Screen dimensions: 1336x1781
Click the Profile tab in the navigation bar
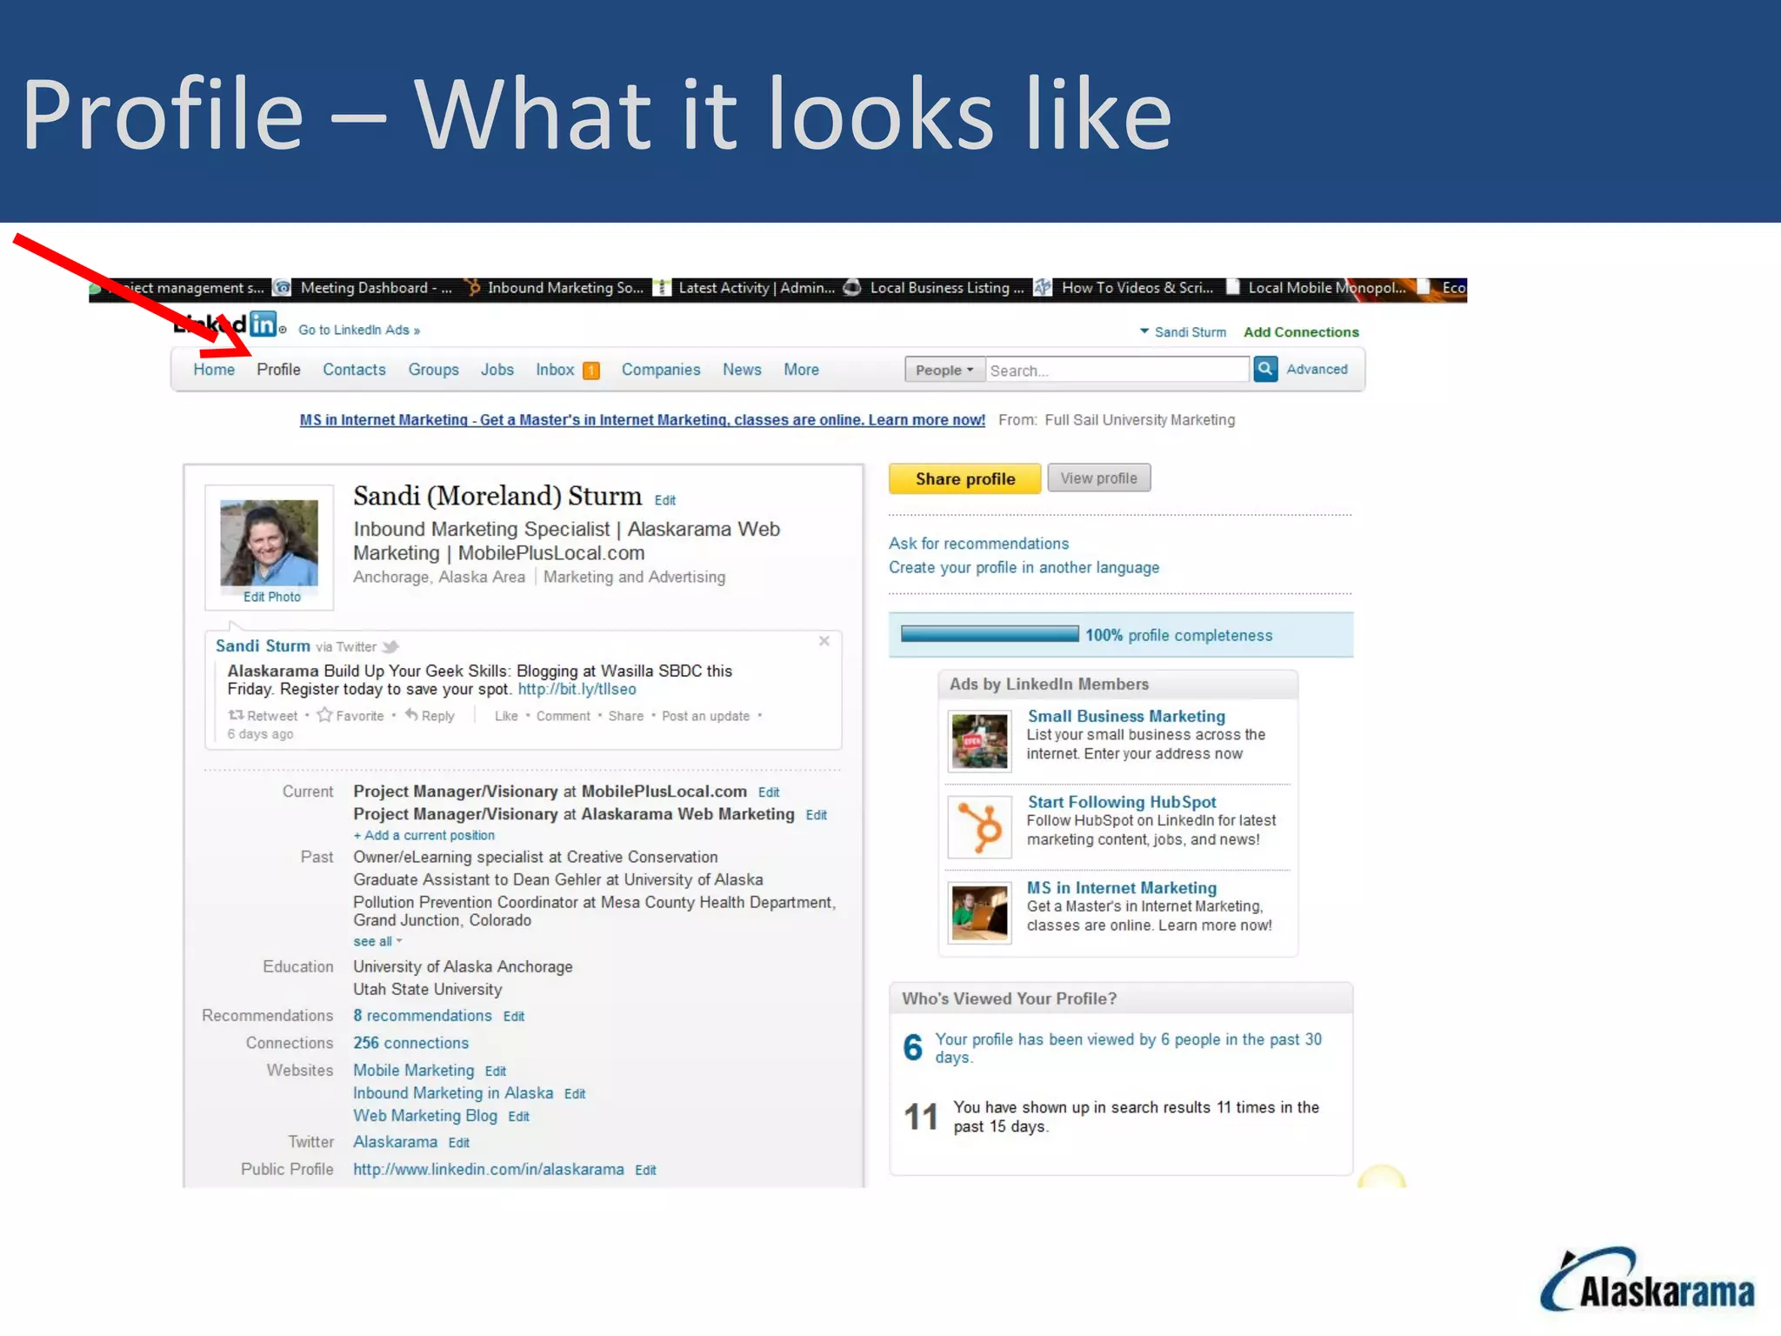tap(278, 370)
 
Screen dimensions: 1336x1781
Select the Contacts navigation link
tap(354, 370)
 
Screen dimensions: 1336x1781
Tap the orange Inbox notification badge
tap(591, 371)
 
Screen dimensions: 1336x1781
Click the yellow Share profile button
tap(964, 478)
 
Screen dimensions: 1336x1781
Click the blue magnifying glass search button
tap(1265, 369)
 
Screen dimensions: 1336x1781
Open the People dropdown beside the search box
tap(944, 370)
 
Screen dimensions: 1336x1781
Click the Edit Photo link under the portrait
tap(271, 597)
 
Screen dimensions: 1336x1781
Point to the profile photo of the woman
tap(269, 542)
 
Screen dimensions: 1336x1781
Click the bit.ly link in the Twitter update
tap(577, 689)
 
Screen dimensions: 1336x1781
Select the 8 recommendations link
tap(423, 1015)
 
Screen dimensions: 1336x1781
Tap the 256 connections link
tap(410, 1043)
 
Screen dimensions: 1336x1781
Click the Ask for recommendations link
tap(978, 544)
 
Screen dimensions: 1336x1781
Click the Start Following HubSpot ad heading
tap(1122, 802)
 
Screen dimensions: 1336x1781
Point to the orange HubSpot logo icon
tap(980, 826)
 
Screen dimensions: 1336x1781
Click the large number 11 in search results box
tap(921, 1117)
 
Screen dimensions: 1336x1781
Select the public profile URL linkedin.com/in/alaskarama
tap(488, 1169)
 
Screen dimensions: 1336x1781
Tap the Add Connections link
tap(1301, 332)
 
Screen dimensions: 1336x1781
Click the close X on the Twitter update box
tap(824, 641)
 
